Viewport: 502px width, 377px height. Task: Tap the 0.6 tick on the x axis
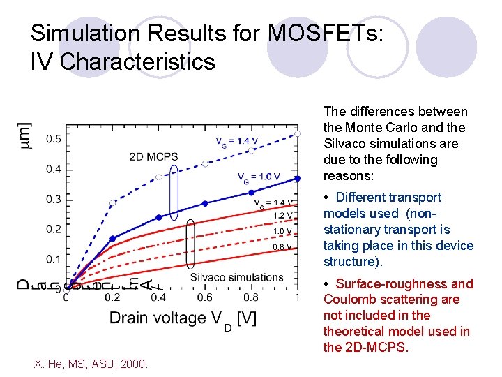tap(205, 297)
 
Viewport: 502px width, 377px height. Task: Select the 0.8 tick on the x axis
tap(251, 297)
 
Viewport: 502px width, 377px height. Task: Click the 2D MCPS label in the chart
tap(153, 157)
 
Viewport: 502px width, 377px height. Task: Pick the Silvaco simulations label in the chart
tap(236, 277)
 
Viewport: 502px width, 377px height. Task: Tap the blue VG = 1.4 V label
tap(236, 141)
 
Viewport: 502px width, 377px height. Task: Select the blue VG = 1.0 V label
tap(259, 177)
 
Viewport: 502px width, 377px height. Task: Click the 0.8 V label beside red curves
tap(282, 246)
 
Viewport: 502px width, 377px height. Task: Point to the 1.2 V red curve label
tap(282, 215)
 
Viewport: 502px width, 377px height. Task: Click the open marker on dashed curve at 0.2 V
tap(112, 202)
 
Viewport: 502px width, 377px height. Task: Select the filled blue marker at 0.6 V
tap(205, 203)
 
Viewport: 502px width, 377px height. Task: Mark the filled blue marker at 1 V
tap(298, 179)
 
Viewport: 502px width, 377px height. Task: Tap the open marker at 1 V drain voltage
tap(298, 133)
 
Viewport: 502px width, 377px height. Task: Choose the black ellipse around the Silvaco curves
tap(192, 244)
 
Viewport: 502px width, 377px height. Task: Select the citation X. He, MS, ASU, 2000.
tap(91, 362)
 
